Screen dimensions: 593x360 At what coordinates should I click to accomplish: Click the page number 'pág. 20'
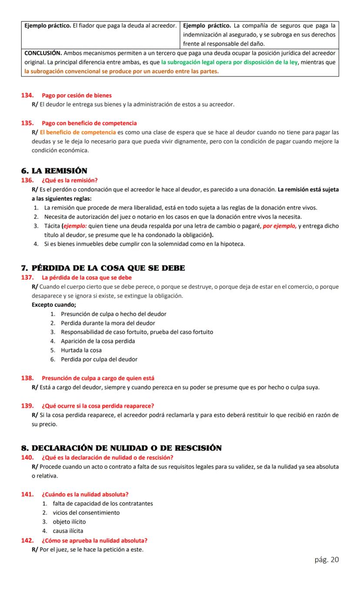pyautogui.click(x=327, y=559)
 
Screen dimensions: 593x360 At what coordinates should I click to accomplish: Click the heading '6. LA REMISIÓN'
pyautogui.click(x=54, y=171)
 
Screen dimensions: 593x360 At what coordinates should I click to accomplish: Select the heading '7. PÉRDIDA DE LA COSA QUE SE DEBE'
pyautogui.click(x=103, y=268)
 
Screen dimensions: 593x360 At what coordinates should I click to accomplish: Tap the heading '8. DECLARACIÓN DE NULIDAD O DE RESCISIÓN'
pyautogui.click(x=121, y=448)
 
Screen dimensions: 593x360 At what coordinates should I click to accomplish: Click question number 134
pyautogui.click(x=27, y=95)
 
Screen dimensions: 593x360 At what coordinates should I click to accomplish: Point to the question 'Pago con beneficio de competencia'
pyautogui.click(x=89, y=123)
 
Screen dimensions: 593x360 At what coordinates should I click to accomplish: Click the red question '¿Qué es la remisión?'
pyautogui.click(x=70, y=180)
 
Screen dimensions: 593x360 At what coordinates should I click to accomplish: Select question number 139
pyautogui.click(x=27, y=406)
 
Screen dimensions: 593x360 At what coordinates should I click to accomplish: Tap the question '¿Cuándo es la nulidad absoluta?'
pyautogui.click(x=85, y=494)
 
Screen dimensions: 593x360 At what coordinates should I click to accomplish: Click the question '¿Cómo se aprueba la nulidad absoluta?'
pyautogui.click(x=94, y=540)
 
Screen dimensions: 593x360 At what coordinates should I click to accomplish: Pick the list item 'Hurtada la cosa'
pyautogui.click(x=81, y=350)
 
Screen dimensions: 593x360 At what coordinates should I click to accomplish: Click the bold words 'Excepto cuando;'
pyautogui.click(x=54, y=305)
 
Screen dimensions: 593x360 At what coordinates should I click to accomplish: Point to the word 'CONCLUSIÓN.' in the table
pyautogui.click(x=43, y=53)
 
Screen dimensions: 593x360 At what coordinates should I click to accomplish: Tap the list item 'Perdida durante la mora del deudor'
pyautogui.click(x=108, y=323)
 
